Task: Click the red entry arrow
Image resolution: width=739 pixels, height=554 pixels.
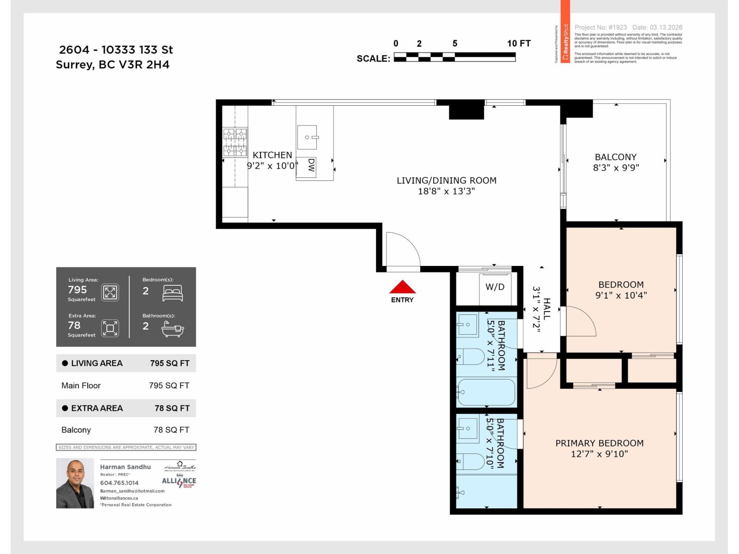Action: pos(402,287)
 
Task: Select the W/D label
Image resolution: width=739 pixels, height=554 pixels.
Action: pos(495,287)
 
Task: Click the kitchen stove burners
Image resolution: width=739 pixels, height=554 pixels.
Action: pos(235,142)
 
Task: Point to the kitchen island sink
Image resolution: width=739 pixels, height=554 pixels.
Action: pos(307,137)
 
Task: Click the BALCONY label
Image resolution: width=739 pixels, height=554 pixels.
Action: pos(615,157)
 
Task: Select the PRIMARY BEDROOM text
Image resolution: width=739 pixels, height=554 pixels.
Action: pos(599,443)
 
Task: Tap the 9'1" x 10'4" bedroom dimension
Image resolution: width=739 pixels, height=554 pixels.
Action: pos(621,295)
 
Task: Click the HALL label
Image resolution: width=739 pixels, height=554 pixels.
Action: pos(547,309)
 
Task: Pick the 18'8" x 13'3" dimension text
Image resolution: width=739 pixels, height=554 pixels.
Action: pos(446,191)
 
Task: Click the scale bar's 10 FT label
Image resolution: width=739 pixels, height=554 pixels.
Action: pos(519,43)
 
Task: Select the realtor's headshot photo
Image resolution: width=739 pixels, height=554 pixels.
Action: pos(75,483)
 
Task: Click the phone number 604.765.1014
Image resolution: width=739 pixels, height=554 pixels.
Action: pos(119,483)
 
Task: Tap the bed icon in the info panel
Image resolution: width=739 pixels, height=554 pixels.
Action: pos(173,293)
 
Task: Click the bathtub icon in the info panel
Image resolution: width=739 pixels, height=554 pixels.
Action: pos(173,329)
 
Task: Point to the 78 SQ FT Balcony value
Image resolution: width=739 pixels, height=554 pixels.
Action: pos(171,430)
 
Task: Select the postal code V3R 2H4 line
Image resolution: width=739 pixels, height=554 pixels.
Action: pos(113,65)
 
